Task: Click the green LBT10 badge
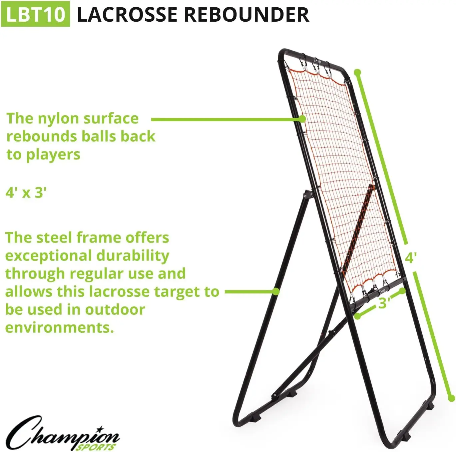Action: pos(35,14)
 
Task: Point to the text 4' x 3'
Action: pos(26,193)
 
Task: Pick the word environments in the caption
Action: pos(59,327)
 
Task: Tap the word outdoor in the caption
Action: pos(115,309)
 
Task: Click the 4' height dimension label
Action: pos(411,257)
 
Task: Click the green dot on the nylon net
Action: pos(302,119)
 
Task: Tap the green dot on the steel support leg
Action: pos(276,291)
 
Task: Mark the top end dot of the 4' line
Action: pos(357,72)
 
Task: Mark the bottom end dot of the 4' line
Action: pos(451,398)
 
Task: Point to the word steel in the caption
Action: pos(55,238)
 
